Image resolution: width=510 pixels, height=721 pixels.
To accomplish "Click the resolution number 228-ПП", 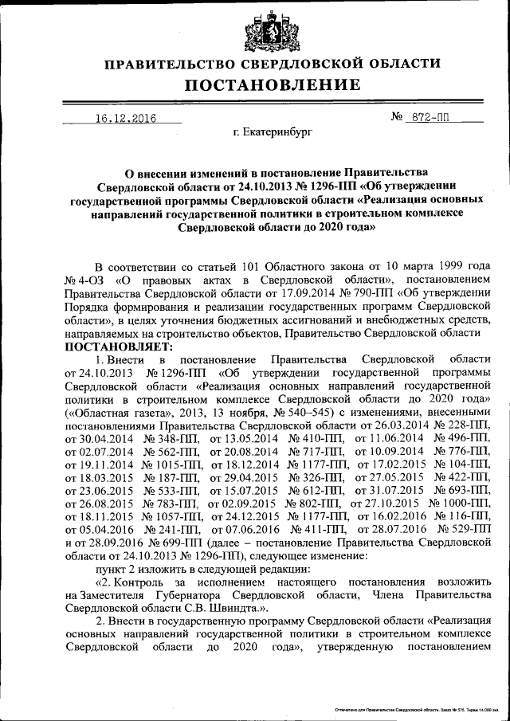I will (464, 425).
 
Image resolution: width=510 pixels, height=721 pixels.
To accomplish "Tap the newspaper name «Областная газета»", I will (116, 412).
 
